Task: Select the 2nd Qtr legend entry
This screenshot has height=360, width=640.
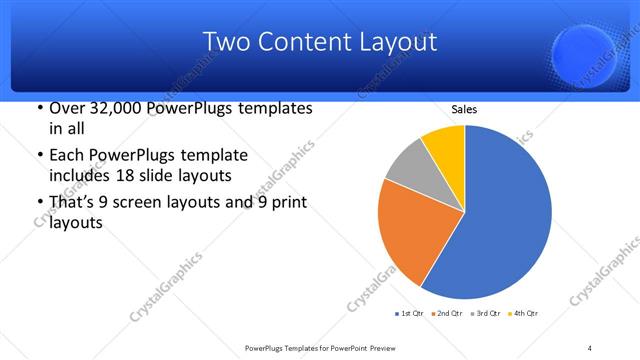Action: tap(447, 314)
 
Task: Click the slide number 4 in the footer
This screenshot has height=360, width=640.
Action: tap(590, 347)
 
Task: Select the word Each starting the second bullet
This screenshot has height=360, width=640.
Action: tap(67, 155)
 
